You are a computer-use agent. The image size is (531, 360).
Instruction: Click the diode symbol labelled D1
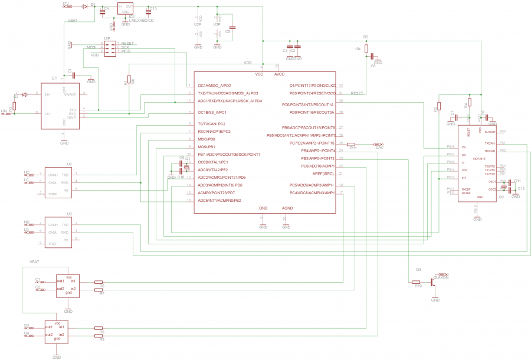pos(85,5)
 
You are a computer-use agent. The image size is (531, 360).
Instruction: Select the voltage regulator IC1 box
pos(125,9)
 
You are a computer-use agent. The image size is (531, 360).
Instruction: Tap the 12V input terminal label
pos(65,4)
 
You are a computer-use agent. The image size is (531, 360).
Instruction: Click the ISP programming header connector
pos(110,48)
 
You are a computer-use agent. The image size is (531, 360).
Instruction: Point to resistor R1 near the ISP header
pos(128,80)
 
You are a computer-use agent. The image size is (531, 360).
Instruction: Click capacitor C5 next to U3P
pos(233,27)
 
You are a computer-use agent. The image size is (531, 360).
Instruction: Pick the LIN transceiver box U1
pos(64,106)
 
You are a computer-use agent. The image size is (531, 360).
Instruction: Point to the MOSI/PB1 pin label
pos(207,146)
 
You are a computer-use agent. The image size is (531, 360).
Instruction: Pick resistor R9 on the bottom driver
pos(99,335)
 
